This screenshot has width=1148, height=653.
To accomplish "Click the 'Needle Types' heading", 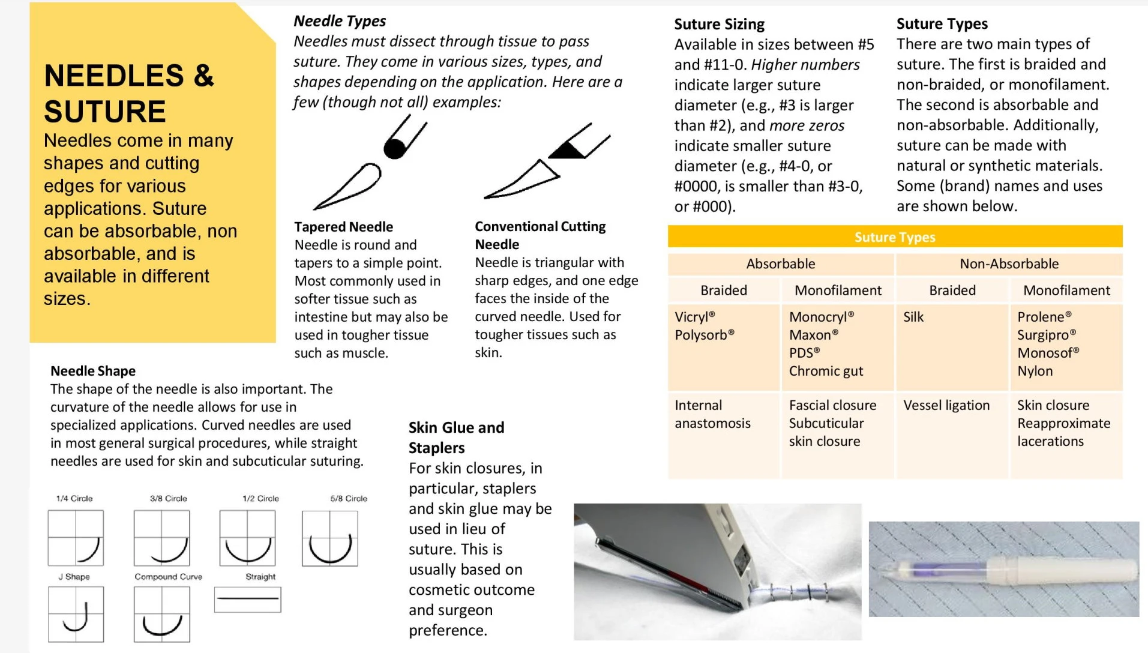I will tap(339, 21).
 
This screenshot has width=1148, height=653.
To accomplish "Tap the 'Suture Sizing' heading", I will tap(719, 24).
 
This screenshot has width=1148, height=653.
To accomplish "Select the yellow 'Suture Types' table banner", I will tap(894, 237).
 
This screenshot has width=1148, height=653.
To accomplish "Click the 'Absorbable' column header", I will tap(780, 263).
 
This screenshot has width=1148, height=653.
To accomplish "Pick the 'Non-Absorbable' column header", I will tap(1009, 263).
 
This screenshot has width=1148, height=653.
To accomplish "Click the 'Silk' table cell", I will tap(913, 317).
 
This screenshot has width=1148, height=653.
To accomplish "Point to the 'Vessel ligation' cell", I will tap(946, 405).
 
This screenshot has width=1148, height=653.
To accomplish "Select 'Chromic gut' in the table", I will tap(826, 371).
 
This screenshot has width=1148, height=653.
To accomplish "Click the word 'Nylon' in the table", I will tap(1035, 371).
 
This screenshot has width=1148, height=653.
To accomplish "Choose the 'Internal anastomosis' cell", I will tap(712, 414).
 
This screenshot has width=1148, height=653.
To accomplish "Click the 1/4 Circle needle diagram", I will tap(76, 538).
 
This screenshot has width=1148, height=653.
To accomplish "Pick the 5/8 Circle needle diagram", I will tap(330, 538).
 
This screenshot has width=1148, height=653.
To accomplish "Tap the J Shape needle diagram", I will tap(76, 614).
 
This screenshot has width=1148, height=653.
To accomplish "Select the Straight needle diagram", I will tap(247, 599).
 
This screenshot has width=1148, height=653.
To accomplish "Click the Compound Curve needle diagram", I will tap(162, 614).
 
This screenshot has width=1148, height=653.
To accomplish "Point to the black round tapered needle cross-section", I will tap(394, 148).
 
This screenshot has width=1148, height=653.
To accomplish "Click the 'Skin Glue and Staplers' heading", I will tap(456, 438).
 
